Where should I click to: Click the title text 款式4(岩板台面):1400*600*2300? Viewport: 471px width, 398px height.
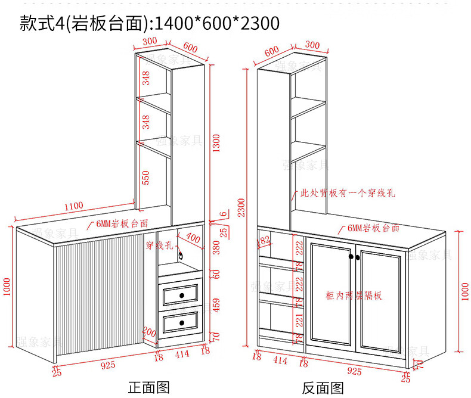tap(149, 23)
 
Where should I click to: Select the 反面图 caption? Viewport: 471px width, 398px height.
tap(323, 388)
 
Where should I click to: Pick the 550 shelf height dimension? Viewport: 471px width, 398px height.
tap(146, 177)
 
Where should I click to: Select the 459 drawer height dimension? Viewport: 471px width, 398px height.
tap(216, 304)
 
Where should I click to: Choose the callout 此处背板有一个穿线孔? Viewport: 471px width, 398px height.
tap(348, 193)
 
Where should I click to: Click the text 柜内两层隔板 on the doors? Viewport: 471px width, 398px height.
tap(354, 295)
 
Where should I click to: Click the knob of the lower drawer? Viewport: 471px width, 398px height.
tap(181, 322)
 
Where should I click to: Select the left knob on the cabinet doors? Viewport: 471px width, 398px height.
tap(351, 257)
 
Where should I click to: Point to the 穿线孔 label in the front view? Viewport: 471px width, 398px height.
tap(159, 244)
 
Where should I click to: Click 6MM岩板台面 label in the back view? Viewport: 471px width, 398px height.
tap(373, 228)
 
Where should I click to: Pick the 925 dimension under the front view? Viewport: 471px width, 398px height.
tap(108, 365)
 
